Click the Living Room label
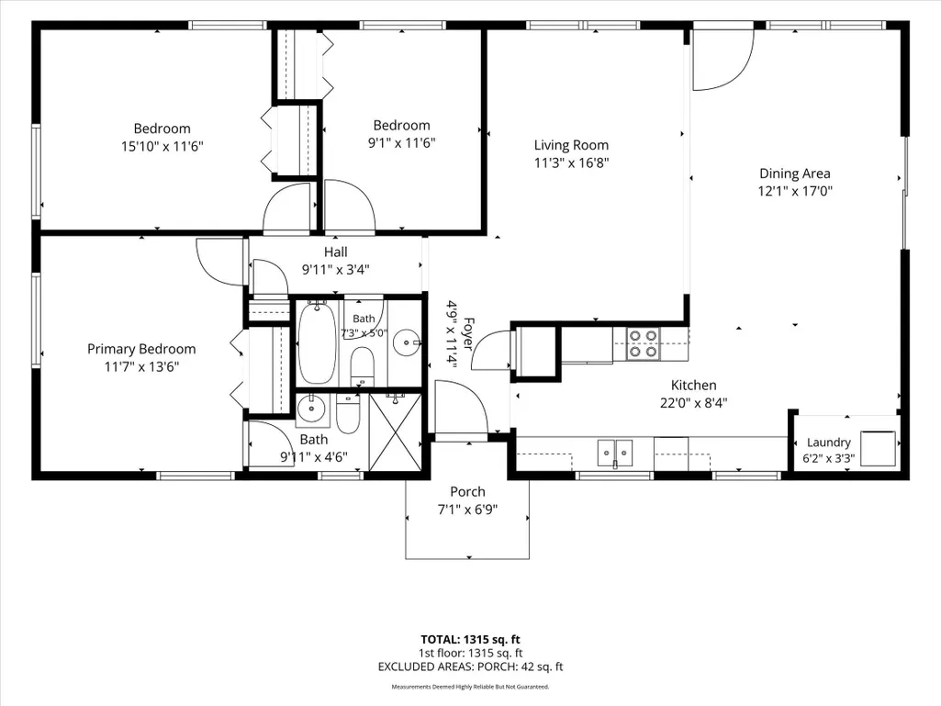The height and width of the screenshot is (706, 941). (x=571, y=145)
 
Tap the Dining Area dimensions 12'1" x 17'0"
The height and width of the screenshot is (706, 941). (x=795, y=192)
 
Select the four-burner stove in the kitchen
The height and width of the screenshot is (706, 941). (x=643, y=344)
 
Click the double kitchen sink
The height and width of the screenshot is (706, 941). (x=615, y=453)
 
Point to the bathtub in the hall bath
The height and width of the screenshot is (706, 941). (x=318, y=342)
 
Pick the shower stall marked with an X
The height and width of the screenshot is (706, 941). (x=396, y=431)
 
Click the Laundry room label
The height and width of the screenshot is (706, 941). (x=829, y=443)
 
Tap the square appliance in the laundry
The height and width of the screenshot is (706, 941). (x=878, y=448)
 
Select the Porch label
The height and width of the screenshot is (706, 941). (x=467, y=492)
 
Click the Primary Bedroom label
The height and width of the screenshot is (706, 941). (x=141, y=350)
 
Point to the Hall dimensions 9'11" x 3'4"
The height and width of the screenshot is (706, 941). (x=335, y=270)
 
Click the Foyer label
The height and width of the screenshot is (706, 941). (x=468, y=334)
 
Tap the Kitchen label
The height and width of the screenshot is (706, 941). (x=694, y=386)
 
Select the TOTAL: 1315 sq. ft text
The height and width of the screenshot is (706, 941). (x=470, y=639)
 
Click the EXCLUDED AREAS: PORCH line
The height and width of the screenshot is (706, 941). (x=470, y=667)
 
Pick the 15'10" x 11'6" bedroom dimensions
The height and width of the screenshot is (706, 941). (x=162, y=147)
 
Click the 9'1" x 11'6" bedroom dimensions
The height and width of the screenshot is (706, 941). (x=401, y=143)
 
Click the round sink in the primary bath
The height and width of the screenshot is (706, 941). (x=311, y=409)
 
